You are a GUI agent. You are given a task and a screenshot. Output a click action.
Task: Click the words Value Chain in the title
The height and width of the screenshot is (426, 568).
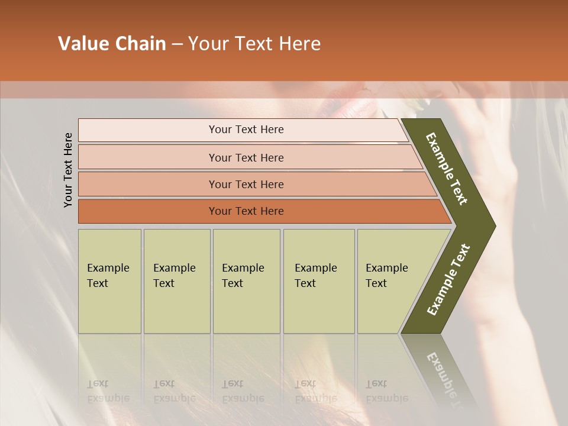click(112, 44)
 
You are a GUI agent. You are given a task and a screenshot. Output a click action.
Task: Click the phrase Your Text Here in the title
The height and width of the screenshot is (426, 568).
click(254, 44)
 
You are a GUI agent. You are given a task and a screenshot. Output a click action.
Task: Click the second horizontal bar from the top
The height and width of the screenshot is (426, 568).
click(246, 157)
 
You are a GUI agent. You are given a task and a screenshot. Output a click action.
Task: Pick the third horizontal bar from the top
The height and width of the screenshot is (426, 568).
click(246, 184)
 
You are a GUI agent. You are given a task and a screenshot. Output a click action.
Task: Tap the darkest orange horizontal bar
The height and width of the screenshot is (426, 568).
click(246, 211)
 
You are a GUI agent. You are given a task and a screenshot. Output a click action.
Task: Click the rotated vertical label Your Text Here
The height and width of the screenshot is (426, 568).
click(68, 170)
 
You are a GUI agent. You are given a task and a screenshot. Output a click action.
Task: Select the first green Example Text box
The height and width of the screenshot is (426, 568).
click(109, 281)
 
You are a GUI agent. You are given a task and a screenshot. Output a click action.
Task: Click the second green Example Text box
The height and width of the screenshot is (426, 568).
click(176, 281)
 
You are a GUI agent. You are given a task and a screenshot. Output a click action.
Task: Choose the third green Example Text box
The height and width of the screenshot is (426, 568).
click(246, 281)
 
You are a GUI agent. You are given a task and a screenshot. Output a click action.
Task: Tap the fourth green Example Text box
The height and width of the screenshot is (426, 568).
click(318, 281)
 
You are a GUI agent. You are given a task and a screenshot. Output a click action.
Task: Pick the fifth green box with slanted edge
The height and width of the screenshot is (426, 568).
click(390, 281)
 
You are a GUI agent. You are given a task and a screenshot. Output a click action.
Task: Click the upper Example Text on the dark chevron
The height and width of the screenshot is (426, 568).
click(447, 169)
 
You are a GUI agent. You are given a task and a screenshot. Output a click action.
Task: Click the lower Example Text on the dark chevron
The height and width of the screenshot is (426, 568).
click(448, 279)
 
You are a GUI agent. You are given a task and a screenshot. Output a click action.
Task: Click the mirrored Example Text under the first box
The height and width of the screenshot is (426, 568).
click(108, 391)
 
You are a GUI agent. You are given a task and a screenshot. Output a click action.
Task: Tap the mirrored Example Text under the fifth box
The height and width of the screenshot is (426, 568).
click(387, 391)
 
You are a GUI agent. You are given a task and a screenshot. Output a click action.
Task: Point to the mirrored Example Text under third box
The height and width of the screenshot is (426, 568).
click(243, 391)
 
